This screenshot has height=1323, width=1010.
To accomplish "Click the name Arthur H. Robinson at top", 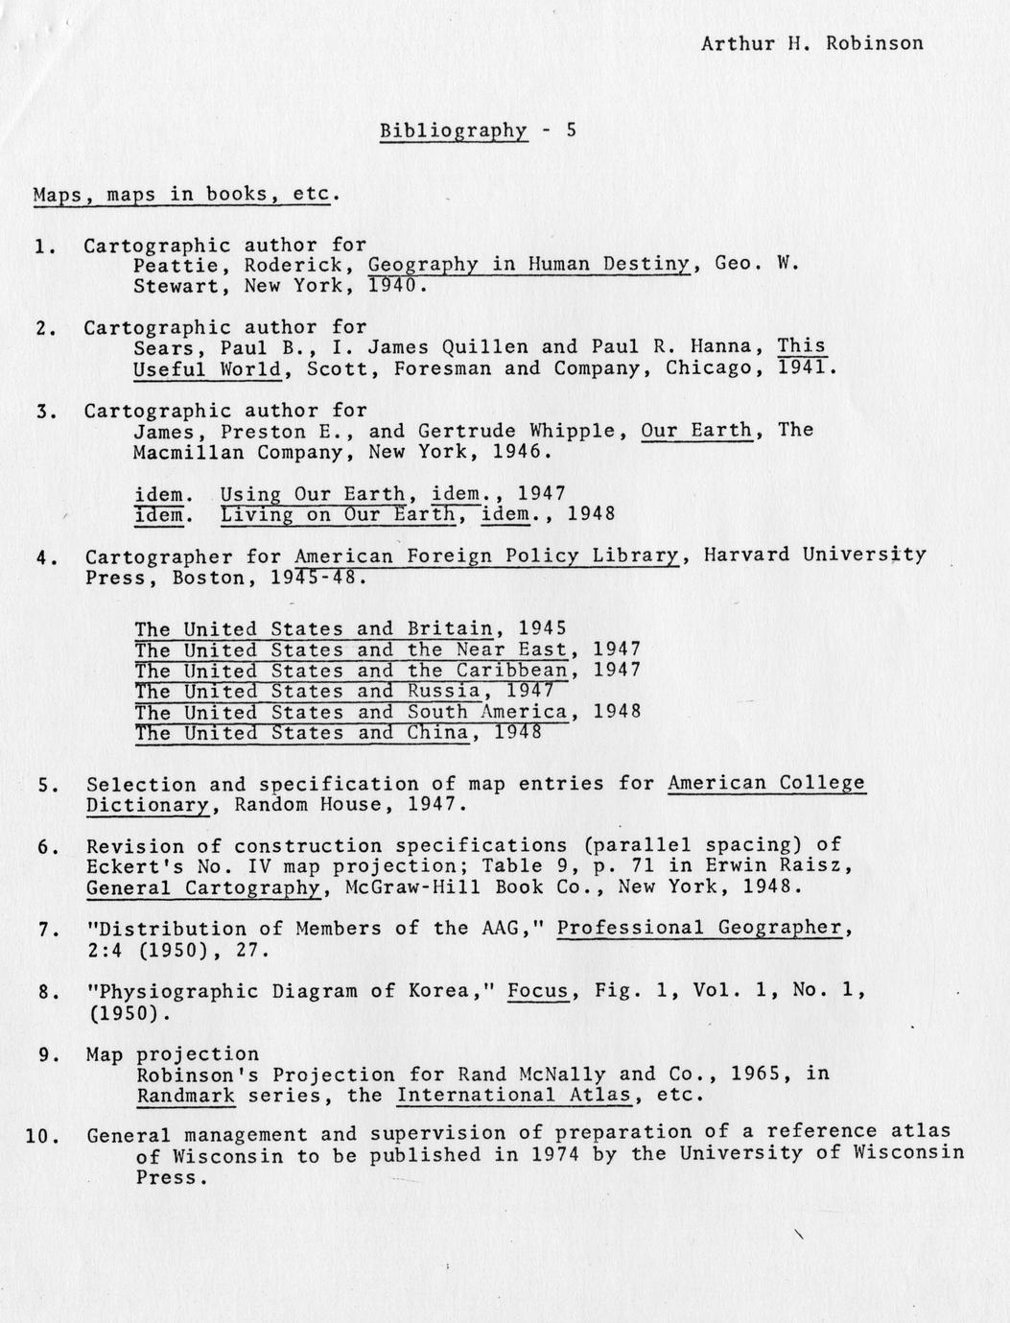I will point(811,43).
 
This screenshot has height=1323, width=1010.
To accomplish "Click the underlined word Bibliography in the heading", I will point(454,130).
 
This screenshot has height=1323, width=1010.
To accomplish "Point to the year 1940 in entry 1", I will point(393,286).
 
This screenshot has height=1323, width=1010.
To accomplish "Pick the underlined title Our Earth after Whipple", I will point(696,430).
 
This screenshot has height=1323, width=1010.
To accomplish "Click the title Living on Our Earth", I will point(338,514).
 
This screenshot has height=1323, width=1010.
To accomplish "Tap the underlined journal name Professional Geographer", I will point(699,928).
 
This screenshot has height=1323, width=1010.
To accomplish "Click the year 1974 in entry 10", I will point(553,1154).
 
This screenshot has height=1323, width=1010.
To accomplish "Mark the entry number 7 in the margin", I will point(44,929).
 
